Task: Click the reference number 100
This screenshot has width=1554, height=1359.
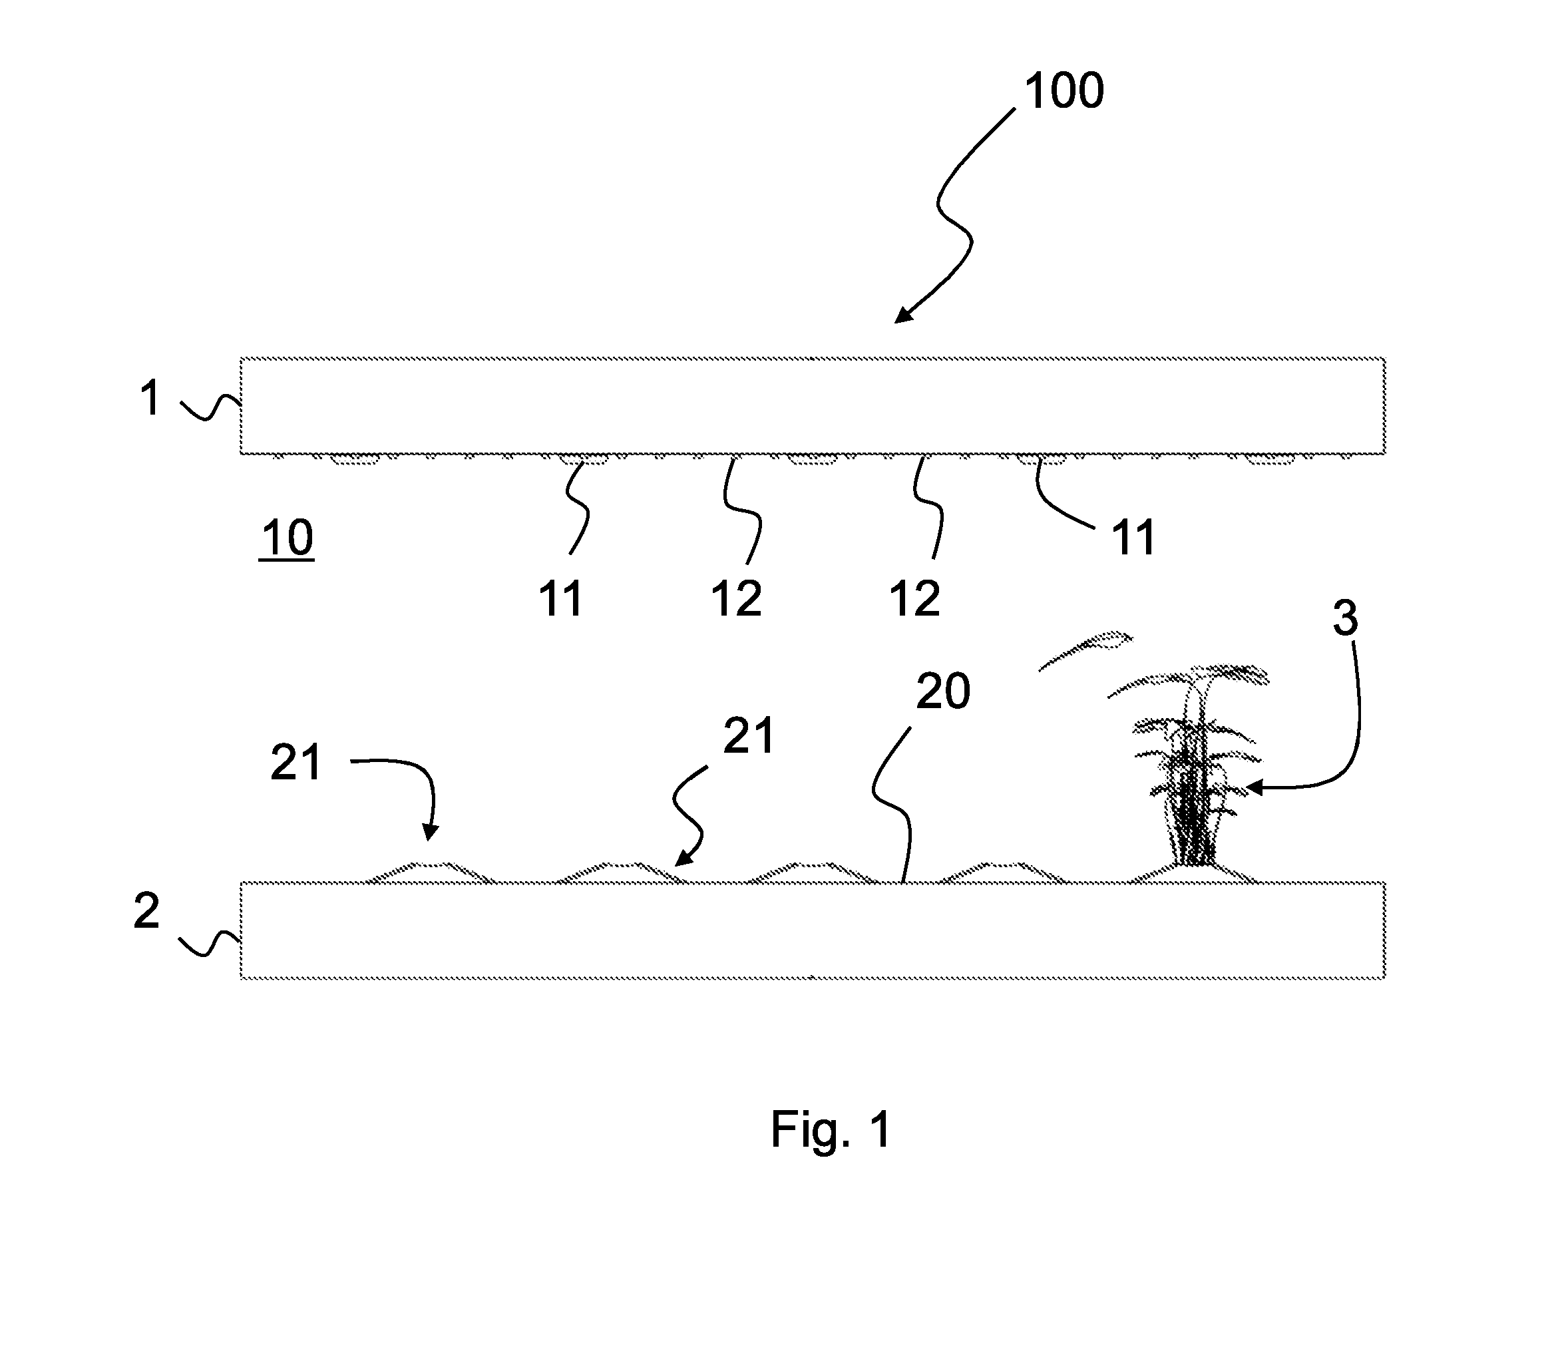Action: pyautogui.click(x=1064, y=91)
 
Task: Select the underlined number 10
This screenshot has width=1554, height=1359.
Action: pyautogui.click(x=288, y=538)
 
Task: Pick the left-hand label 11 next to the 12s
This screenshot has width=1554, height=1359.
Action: pyautogui.click(x=560, y=599)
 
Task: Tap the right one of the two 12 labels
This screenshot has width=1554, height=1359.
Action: pyautogui.click(x=915, y=599)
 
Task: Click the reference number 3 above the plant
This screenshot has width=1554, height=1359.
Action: pyautogui.click(x=1346, y=618)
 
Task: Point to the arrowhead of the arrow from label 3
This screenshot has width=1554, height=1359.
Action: pyautogui.click(x=1253, y=789)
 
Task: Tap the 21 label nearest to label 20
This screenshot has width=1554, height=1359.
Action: pyautogui.click(x=749, y=735)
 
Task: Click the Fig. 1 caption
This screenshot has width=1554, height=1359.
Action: pyautogui.click(x=831, y=1129)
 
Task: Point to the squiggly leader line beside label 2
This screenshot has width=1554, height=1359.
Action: pyautogui.click(x=210, y=944)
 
